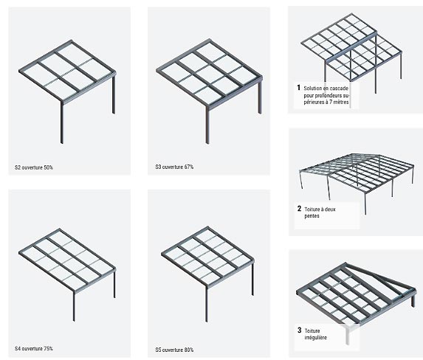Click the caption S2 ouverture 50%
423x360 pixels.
(x=34, y=167)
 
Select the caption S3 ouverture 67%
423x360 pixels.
(x=174, y=167)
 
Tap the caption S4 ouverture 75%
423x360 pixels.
(x=34, y=348)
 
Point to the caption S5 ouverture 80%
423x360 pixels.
(x=174, y=350)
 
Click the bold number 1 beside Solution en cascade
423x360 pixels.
(x=298, y=88)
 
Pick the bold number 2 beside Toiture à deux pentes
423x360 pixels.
(x=299, y=209)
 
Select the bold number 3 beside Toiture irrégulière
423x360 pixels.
(x=300, y=330)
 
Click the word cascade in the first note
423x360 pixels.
(x=340, y=89)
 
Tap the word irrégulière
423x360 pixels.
(x=315, y=337)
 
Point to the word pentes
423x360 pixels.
(x=312, y=216)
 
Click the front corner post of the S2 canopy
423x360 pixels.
(x=62, y=122)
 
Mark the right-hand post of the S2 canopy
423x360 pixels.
(x=114, y=94)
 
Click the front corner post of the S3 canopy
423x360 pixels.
(x=207, y=125)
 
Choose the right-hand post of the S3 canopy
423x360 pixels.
(x=260, y=97)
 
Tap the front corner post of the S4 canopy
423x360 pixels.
(x=74, y=306)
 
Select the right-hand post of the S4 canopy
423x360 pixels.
(x=114, y=285)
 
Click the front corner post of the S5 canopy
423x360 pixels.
(x=207, y=304)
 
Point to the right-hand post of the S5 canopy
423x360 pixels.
(x=252, y=279)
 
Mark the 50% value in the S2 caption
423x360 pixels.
(x=48, y=167)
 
